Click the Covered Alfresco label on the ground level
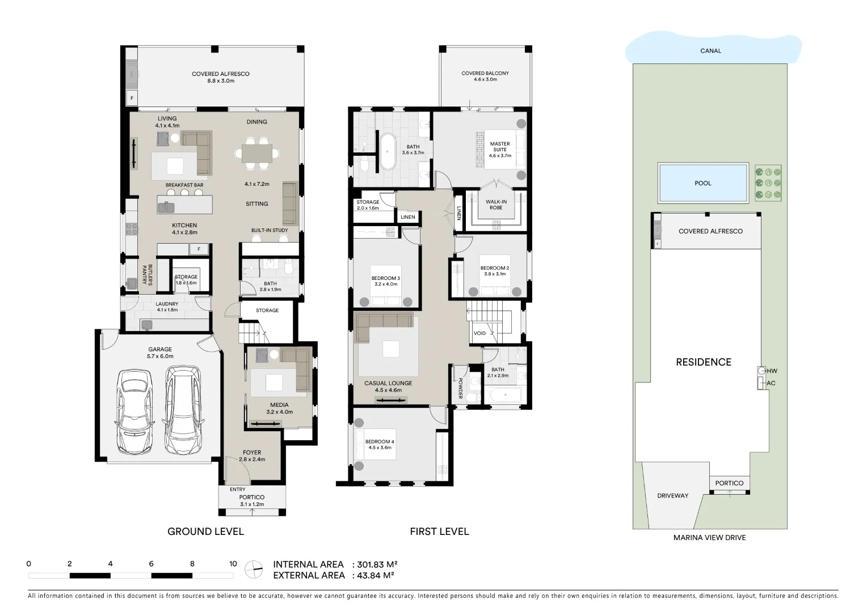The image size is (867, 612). pos(220,77)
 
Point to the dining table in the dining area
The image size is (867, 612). pos(256,154)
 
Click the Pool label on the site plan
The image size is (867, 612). pos(702,183)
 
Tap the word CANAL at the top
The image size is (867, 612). pos(710,51)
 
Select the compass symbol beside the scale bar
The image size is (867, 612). pos(254,569)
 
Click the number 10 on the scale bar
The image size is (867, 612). pos(233,564)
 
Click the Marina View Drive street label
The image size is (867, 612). pos(709,538)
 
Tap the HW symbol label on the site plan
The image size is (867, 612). pos(772,371)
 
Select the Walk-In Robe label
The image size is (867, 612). pos(496,205)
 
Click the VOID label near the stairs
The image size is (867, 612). pos(479,333)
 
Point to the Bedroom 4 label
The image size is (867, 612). pos(380,444)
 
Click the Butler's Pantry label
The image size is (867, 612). pos(147,275)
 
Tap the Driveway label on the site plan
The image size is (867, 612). pos(672,496)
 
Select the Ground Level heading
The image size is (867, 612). pos(205,532)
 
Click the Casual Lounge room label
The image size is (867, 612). pos(388,386)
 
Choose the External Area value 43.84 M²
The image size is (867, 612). pos(374,576)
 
